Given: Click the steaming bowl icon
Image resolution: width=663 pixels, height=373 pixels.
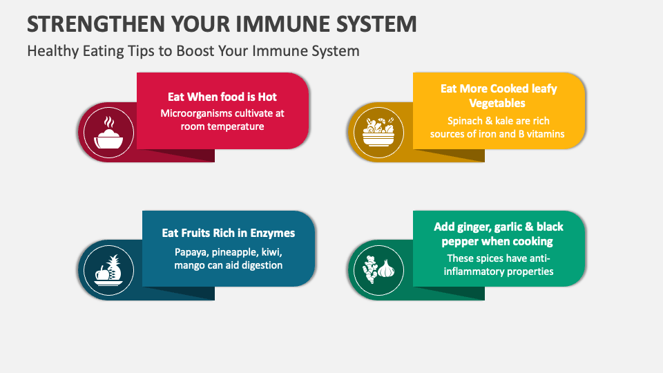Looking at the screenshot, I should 108,132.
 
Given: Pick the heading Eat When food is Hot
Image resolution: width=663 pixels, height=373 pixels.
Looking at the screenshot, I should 222,97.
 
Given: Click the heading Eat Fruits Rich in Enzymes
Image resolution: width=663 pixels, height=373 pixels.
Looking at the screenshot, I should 229,233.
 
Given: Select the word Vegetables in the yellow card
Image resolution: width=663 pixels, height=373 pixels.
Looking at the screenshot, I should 497,103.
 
